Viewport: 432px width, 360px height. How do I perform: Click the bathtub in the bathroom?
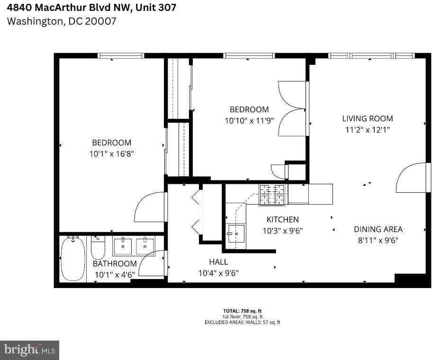[73, 259]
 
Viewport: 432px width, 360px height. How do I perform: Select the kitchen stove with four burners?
[273, 195]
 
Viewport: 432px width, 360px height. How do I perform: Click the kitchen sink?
[235, 234]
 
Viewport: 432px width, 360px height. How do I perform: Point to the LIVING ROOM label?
[368, 118]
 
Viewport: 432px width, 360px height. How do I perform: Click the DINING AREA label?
[378, 229]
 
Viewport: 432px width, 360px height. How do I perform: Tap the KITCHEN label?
[282, 219]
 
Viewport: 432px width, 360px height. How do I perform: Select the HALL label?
[218, 261]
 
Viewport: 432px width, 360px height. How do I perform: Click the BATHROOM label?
[115, 263]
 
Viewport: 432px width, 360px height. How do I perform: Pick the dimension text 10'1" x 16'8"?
[112, 154]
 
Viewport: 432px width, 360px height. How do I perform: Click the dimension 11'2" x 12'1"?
[368, 129]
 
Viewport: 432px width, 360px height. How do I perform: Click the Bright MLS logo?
[29, 350]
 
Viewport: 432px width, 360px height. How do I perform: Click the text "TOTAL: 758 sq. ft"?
[243, 311]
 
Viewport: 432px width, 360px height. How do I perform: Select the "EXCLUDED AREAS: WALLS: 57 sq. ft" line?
[243, 322]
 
